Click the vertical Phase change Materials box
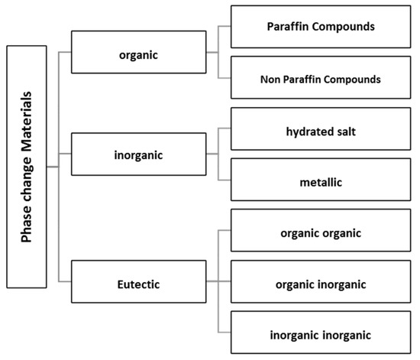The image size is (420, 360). tap(26, 165)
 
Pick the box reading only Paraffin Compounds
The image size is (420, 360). tap(321, 27)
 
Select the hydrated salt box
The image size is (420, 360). tap(321, 131)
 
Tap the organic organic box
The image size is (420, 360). tap(321, 232)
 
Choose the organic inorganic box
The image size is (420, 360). tap(321, 284)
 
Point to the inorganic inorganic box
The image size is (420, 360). tap(321, 334)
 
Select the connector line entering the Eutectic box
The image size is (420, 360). tap(65, 281)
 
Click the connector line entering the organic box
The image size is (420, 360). tap(65, 53)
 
